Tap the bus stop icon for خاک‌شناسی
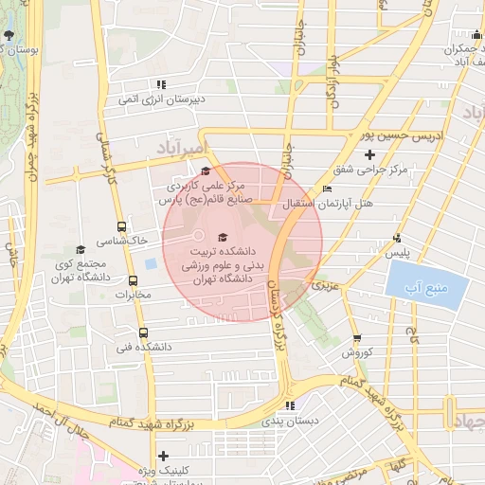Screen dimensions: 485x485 [x=121, y=226]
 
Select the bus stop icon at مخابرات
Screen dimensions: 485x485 [x=133, y=281]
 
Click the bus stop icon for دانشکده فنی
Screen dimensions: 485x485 [x=143, y=332]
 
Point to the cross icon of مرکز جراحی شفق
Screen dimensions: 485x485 [x=369, y=154]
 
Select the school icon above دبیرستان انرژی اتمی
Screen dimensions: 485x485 [x=160, y=84]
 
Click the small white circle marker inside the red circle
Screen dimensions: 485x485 [x=199, y=234]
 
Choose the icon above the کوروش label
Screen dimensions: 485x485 [x=357, y=338]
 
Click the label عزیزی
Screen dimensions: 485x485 [x=325, y=283]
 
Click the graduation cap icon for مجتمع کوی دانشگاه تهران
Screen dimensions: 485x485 [x=81, y=249]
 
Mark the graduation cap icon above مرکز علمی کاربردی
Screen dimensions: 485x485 [x=207, y=171]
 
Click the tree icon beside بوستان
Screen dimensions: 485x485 [x=8, y=36]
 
